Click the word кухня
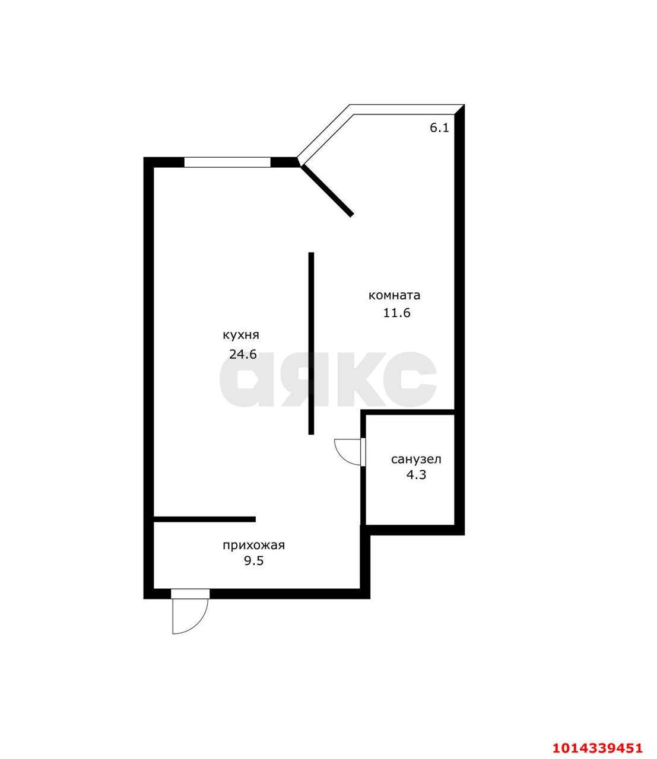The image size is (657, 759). pyautogui.click(x=240, y=335)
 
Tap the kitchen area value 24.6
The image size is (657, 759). pyautogui.click(x=243, y=355)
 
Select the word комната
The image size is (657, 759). pyautogui.click(x=394, y=295)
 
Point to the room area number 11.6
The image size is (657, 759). pyautogui.click(x=396, y=313)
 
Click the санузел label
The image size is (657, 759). pyautogui.click(x=416, y=459)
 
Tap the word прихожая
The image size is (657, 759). pyautogui.click(x=253, y=546)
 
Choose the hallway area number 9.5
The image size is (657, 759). pyautogui.click(x=253, y=561)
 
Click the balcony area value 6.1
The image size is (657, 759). pyautogui.click(x=439, y=127)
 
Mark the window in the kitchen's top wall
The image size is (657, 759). pyautogui.click(x=227, y=162)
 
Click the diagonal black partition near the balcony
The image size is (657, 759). pyautogui.click(x=327, y=190)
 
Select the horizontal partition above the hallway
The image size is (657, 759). pyautogui.click(x=205, y=519)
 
